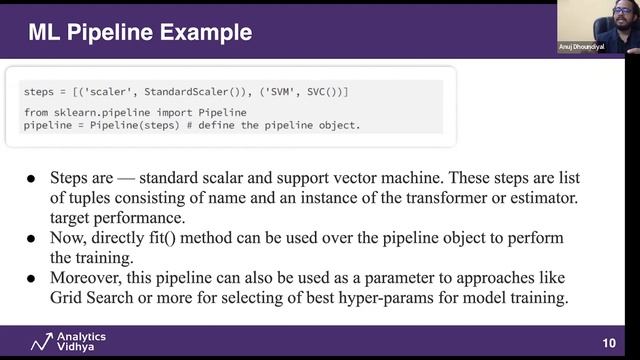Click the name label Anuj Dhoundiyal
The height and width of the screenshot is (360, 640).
(x=582, y=47)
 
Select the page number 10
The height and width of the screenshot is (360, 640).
(x=609, y=343)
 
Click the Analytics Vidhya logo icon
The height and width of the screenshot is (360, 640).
(x=41, y=342)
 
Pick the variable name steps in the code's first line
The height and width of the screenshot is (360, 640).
(x=39, y=92)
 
